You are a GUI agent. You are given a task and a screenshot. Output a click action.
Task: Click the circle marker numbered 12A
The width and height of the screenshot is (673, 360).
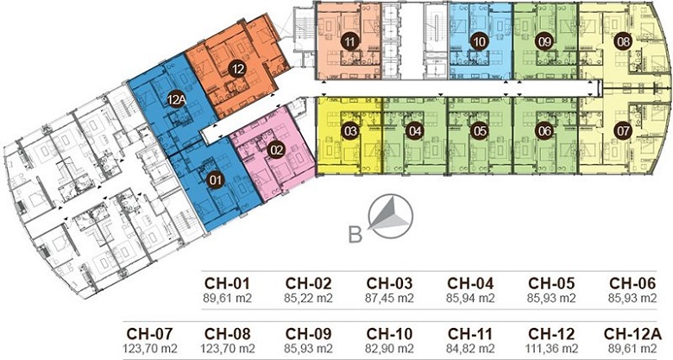pos(176,100)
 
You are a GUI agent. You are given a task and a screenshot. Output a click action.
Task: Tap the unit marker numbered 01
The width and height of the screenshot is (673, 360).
pos(215,180)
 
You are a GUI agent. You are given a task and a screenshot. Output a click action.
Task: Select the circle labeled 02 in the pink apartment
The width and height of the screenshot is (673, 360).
pos(276,150)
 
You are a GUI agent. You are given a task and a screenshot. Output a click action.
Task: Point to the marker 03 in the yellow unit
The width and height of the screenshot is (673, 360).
pos(350,130)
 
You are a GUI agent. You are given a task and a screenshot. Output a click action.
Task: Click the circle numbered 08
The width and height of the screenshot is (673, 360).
pos(623,41)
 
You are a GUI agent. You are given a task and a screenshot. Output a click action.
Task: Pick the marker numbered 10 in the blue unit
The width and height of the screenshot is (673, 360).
pos(480,41)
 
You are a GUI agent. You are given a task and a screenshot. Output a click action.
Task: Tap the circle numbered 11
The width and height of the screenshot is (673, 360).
pos(350,41)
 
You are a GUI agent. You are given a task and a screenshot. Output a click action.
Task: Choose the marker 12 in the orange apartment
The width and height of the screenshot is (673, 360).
pos(237,69)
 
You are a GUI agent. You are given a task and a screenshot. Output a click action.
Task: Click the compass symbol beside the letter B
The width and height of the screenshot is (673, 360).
pos(392,217)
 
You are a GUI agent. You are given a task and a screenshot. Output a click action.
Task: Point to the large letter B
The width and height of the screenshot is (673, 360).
pos(355,235)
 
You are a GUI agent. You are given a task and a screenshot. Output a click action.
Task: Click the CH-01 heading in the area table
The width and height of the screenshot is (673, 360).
pos(227,283)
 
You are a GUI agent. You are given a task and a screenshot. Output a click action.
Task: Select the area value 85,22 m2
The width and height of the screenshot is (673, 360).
pos(308,298)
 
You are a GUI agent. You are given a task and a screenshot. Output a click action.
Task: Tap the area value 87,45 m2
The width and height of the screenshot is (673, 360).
pos(389,298)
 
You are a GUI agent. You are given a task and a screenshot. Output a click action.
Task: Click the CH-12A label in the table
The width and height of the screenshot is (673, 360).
pos(632,334)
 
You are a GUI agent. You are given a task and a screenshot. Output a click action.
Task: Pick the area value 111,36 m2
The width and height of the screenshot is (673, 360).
pos(551,348)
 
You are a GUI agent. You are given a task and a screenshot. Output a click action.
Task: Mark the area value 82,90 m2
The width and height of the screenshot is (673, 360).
pos(389,348)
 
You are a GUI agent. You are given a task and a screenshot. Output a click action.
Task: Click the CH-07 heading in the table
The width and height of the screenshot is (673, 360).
pos(149,334)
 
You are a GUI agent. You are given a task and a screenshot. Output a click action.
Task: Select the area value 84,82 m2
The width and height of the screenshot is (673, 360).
pos(470,348)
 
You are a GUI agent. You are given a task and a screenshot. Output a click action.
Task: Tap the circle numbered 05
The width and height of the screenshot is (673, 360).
pos(480,130)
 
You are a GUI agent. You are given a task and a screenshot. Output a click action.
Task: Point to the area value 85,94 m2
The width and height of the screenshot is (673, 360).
pos(470,298)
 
